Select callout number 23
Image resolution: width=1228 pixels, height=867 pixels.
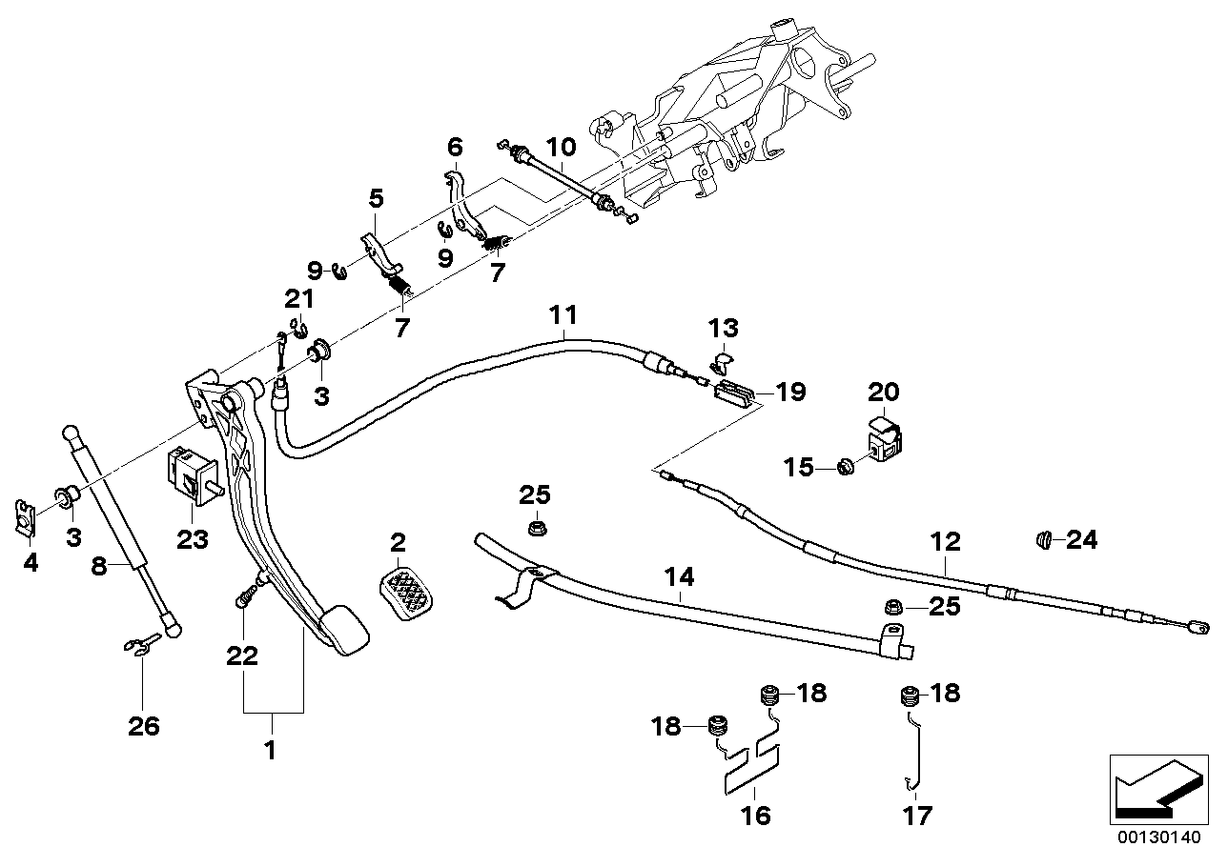click(x=192, y=538)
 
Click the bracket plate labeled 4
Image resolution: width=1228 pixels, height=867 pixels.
click(x=28, y=520)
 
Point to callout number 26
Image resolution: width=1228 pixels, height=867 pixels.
click(x=144, y=727)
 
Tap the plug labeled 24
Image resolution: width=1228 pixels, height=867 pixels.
click(x=1044, y=541)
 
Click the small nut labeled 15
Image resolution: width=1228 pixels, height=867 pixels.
click(x=843, y=467)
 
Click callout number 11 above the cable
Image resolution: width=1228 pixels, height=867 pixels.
click(x=563, y=313)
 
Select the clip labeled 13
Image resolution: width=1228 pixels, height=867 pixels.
click(x=722, y=361)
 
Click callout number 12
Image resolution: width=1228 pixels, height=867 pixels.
click(x=946, y=542)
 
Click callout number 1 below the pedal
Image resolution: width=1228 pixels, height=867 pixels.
click(x=270, y=750)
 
